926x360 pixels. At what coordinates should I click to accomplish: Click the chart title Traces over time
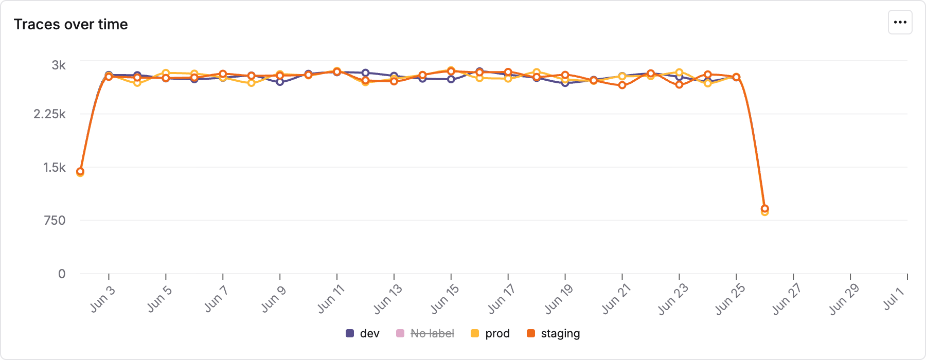coord(70,24)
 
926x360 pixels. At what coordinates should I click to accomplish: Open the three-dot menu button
coord(900,22)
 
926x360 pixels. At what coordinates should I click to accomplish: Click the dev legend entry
coord(363,333)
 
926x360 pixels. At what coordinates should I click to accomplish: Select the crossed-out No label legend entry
coord(425,333)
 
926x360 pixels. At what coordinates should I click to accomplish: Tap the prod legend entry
coord(490,333)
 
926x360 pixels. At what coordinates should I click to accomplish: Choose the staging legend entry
coord(554,333)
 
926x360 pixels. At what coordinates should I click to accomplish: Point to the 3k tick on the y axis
coord(59,65)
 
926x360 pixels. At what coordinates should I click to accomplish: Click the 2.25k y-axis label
coord(49,114)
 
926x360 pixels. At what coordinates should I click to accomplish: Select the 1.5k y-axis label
coord(55,167)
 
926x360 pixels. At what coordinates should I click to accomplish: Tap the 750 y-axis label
coord(55,221)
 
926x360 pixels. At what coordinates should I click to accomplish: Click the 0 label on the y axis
coord(62,274)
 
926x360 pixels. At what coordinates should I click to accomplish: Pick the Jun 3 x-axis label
coord(102,299)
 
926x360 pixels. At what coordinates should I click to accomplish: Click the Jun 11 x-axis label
coord(330,299)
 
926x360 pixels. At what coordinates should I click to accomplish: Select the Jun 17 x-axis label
coord(501,299)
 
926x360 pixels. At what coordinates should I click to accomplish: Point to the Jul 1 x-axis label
coord(894,299)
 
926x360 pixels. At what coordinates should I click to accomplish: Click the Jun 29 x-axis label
coord(844,299)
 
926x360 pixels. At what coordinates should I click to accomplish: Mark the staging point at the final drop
coord(764,209)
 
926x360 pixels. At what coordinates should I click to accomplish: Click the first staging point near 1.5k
coord(80,171)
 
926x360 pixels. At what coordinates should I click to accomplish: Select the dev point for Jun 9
coord(280,82)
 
